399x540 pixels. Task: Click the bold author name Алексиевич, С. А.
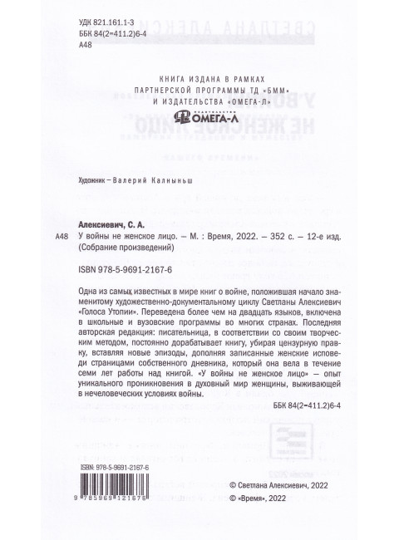(x=111, y=224)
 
